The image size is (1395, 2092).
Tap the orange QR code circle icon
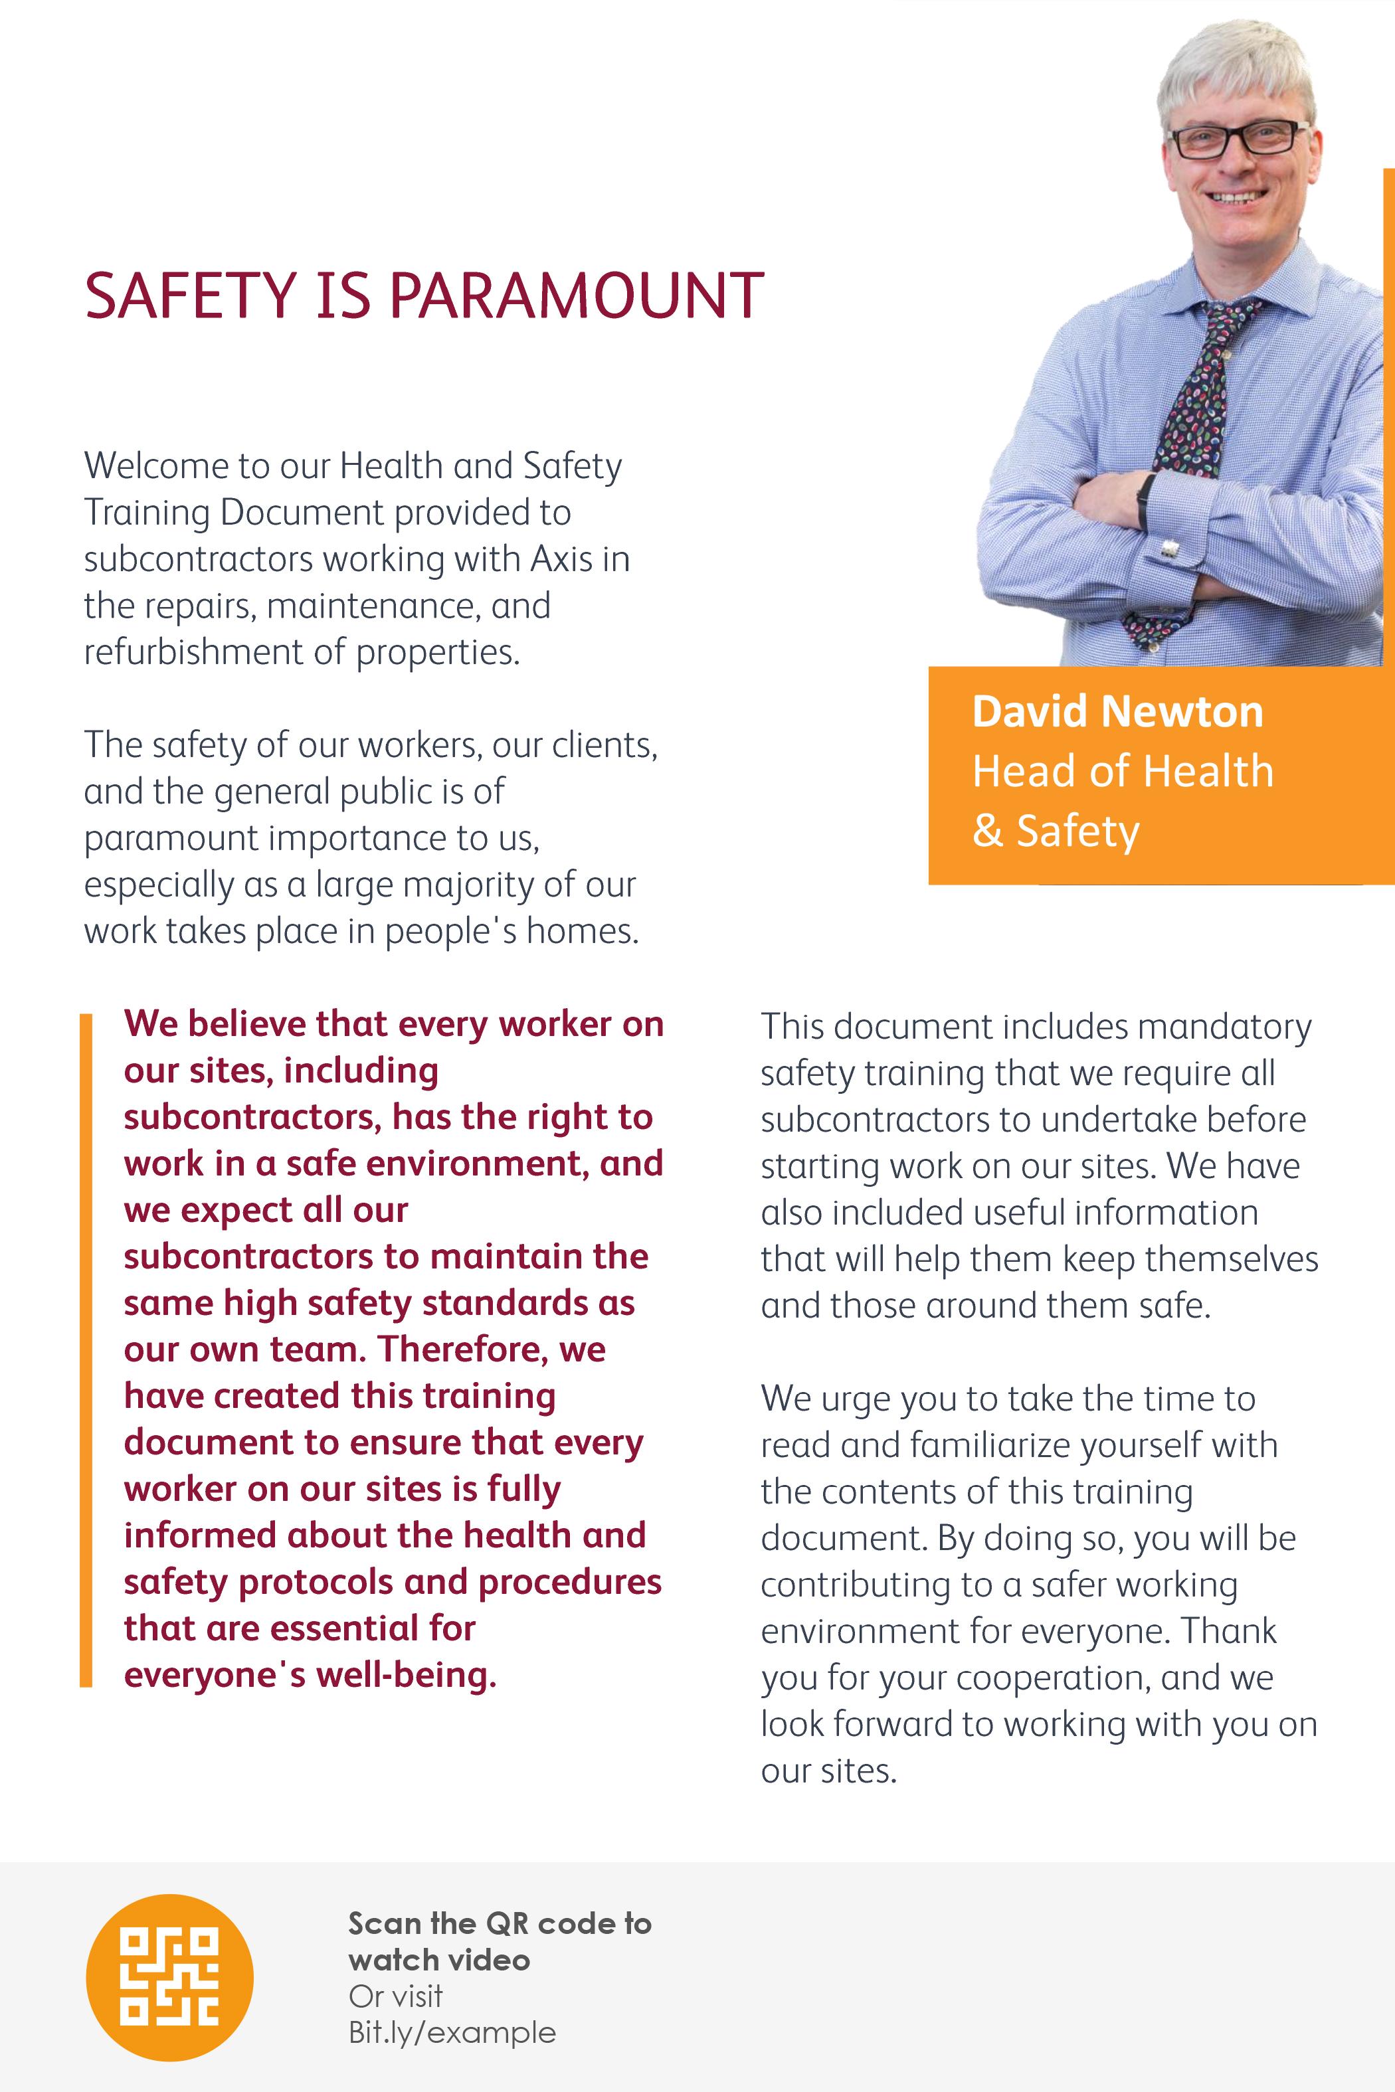pyautogui.click(x=169, y=1977)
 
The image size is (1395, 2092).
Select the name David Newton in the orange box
pyautogui.click(x=1117, y=711)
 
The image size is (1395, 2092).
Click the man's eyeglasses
pyautogui.click(x=1238, y=139)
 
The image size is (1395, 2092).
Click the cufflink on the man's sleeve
pyautogui.click(x=1170, y=548)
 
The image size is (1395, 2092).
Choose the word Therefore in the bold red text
pyautogui.click(x=456, y=1350)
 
